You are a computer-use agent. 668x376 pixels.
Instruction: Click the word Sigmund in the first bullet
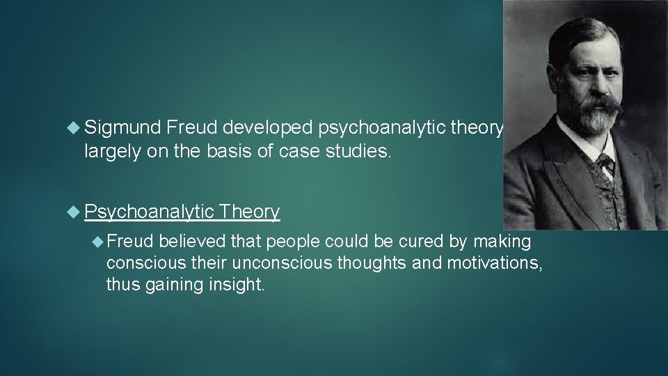[x=123, y=127]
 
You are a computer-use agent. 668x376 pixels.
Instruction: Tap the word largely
[x=109, y=152]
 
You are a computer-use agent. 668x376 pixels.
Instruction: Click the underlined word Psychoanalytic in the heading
[x=148, y=212]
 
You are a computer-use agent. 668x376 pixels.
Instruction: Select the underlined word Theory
[x=249, y=212]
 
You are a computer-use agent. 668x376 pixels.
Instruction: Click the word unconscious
[x=268, y=264]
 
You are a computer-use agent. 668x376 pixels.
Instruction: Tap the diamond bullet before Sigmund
[x=74, y=127]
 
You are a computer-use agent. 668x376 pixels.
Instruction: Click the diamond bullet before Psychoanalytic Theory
[x=74, y=212]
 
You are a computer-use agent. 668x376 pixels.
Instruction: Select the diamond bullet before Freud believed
[x=97, y=242]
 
